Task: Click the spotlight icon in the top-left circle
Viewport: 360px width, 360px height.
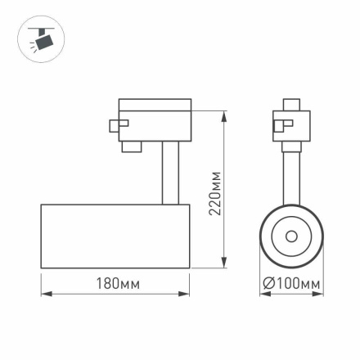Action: (41, 38)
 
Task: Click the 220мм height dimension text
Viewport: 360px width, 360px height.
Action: (215, 193)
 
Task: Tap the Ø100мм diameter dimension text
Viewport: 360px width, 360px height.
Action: (291, 284)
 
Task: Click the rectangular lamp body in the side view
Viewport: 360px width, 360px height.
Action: (115, 235)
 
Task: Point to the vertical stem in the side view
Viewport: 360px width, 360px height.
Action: (169, 173)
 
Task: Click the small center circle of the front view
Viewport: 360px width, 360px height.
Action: (291, 236)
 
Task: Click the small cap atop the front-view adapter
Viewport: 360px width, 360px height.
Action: (291, 105)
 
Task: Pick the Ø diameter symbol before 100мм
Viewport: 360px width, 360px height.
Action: (268, 284)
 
